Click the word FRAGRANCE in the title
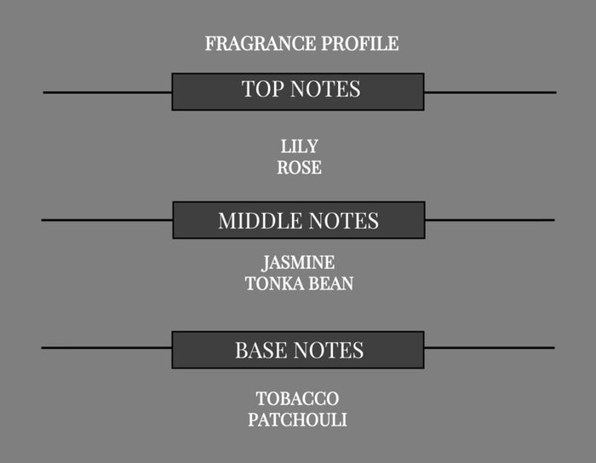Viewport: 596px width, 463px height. pos(261,43)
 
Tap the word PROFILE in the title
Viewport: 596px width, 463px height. pos(360,43)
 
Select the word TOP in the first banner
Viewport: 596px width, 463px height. pos(262,89)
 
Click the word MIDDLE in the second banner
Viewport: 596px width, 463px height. pos(260,221)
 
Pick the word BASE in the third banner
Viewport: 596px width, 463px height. pos(261,350)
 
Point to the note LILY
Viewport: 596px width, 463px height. pos(299,146)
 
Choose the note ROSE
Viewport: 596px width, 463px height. pos(299,168)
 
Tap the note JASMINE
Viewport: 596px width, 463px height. pos(298,263)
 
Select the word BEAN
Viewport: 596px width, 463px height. pos(330,283)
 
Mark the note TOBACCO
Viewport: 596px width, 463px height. pos(298,399)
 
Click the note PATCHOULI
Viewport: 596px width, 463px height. pos(298,420)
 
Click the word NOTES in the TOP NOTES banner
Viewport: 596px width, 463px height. pos(325,89)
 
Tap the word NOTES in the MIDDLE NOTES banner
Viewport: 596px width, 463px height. pos(343,221)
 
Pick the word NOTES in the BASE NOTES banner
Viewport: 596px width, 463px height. pos(329,350)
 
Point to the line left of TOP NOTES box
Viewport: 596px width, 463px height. pos(107,92)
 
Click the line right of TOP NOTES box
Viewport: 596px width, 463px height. pos(490,92)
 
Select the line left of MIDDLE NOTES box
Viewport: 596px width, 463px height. pos(107,220)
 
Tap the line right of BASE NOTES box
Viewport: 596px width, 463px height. pos(490,347)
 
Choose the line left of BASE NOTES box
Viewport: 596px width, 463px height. pos(106,347)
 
